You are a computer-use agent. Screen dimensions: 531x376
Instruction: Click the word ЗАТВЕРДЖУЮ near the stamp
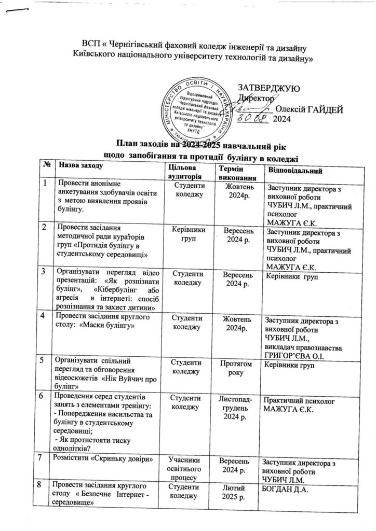click(267, 88)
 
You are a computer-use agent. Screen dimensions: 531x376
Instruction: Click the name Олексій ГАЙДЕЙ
click(309, 109)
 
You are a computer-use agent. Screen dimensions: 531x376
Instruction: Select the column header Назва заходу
click(81, 166)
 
